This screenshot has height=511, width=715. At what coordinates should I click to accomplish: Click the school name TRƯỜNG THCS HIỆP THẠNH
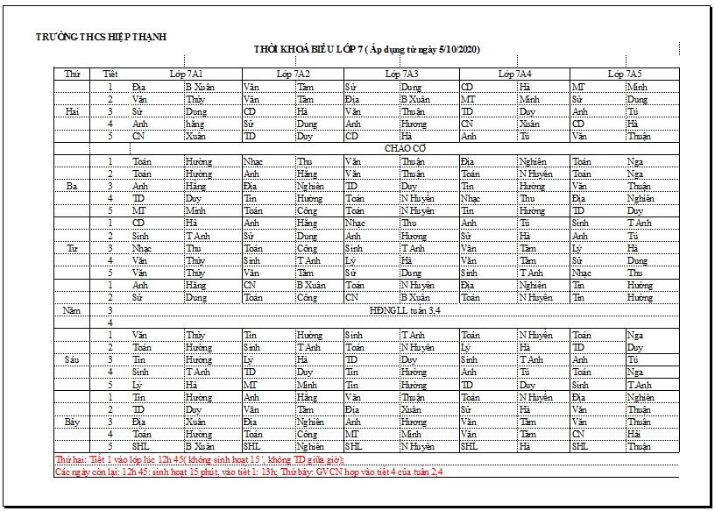click(x=101, y=37)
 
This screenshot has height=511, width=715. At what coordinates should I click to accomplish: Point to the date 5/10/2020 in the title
click(x=458, y=50)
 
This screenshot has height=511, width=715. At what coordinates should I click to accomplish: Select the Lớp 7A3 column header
click(x=401, y=75)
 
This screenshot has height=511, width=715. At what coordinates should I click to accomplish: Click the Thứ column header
click(x=72, y=75)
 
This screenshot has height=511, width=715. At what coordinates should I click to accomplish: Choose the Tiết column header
click(x=110, y=75)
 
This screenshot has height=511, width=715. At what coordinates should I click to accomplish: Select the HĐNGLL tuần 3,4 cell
click(x=405, y=310)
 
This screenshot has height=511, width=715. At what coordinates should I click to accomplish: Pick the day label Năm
click(x=72, y=310)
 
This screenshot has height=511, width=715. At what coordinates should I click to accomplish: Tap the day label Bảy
click(x=72, y=422)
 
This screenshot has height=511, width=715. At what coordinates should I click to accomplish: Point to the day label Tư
click(x=72, y=248)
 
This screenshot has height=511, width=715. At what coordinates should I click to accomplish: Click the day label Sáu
click(x=72, y=359)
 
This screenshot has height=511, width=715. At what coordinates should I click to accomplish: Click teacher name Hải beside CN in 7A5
click(x=633, y=434)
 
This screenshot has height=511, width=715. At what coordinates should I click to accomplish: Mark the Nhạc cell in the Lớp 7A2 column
click(x=252, y=161)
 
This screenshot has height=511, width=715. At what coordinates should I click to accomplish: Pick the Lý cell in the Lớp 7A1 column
click(x=137, y=385)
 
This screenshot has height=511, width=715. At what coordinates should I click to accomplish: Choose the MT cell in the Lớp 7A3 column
click(x=351, y=434)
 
